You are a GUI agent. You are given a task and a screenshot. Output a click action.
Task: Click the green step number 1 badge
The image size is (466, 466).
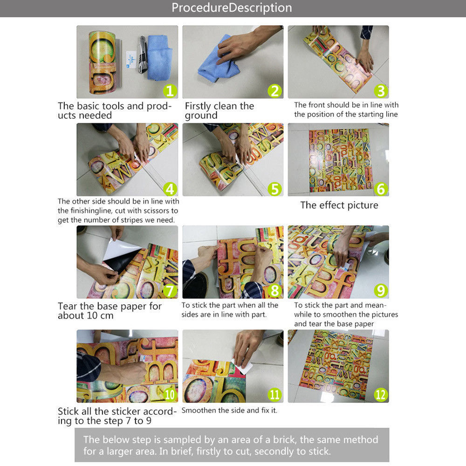(170, 91)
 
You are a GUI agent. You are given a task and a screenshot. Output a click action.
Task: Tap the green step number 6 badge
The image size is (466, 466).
(381, 189)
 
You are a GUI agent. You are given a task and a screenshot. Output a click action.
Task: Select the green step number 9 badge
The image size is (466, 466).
(381, 291)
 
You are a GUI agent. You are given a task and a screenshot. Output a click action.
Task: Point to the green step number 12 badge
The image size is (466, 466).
(381, 395)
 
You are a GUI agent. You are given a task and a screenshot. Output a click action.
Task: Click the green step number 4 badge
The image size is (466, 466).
(170, 189)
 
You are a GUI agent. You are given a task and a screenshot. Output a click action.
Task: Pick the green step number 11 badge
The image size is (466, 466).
(274, 395)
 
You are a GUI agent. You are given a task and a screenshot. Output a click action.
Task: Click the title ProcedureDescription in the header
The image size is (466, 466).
(232, 8)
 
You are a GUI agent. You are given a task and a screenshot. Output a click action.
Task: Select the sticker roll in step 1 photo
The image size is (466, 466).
(103, 62)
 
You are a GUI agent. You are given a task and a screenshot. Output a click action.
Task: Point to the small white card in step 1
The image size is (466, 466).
(131, 60)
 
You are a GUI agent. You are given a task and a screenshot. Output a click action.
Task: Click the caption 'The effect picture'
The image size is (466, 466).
(339, 205)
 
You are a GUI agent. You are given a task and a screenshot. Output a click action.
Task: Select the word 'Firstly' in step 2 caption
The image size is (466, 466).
(198, 106)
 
